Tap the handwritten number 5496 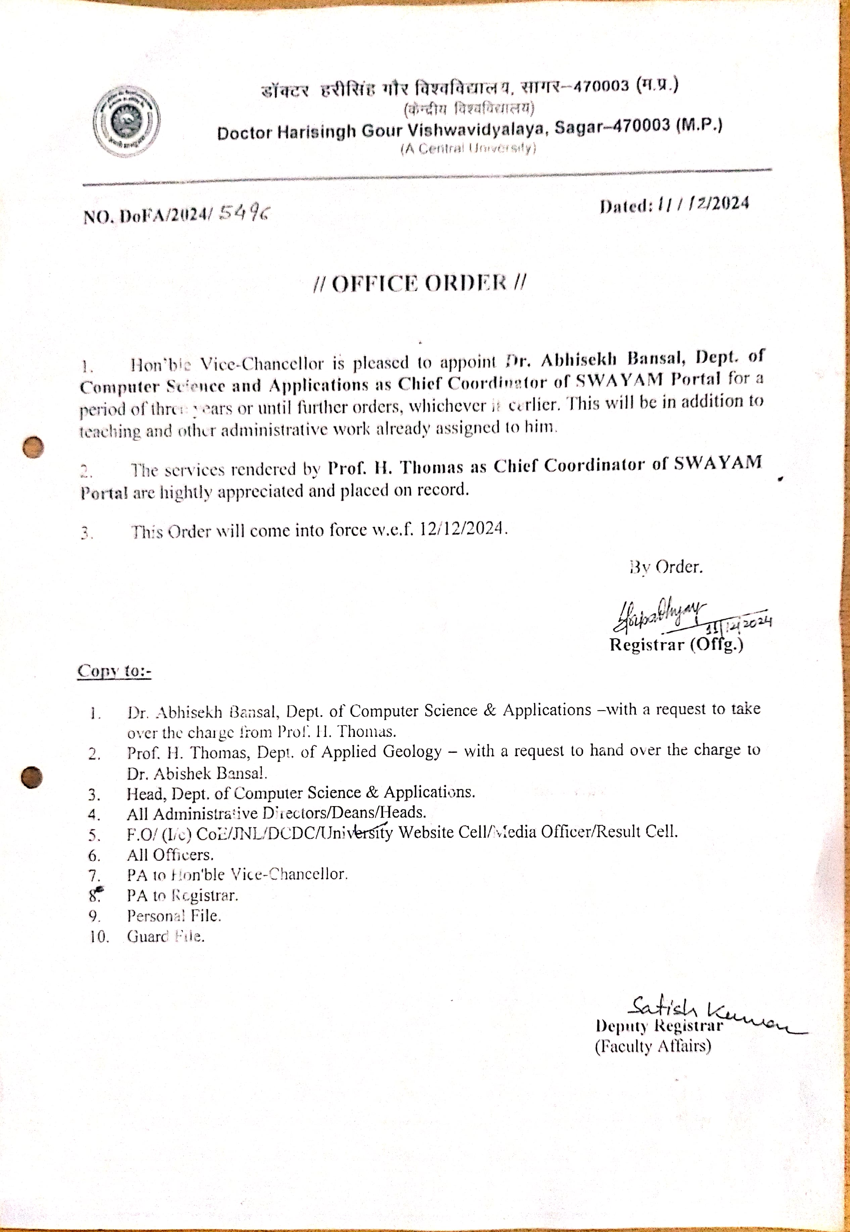tap(244, 214)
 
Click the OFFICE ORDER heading tap(420, 283)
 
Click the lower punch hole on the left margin tap(32, 776)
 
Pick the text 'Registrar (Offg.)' tap(676, 645)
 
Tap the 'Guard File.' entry tap(165, 936)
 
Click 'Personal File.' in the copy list tap(174, 916)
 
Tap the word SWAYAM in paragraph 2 tap(718, 462)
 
